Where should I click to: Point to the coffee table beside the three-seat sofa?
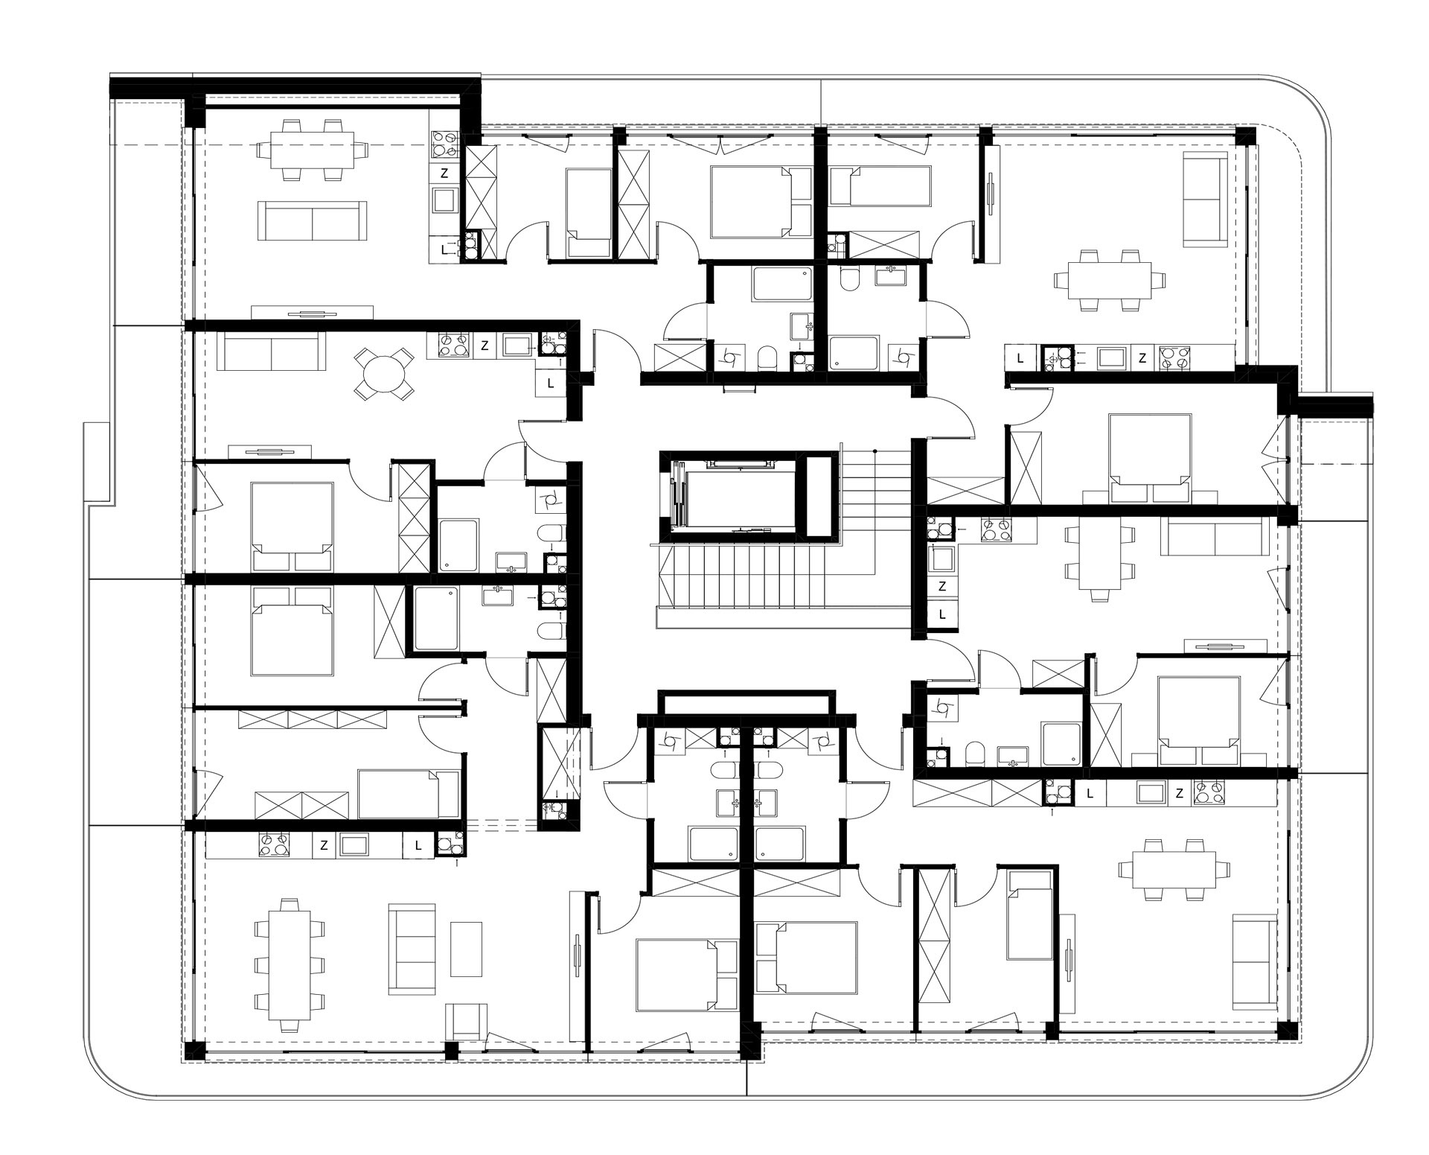coord(467,949)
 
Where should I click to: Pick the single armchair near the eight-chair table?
coord(467,1021)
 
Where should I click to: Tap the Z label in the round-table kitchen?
coord(485,346)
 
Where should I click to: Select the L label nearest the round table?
coord(551,384)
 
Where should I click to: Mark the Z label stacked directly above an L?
coord(942,587)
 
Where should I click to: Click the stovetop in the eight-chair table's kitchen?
coord(273,844)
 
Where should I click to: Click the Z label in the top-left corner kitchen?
coord(444,174)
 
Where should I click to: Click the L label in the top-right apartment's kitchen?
coord(1020,358)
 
